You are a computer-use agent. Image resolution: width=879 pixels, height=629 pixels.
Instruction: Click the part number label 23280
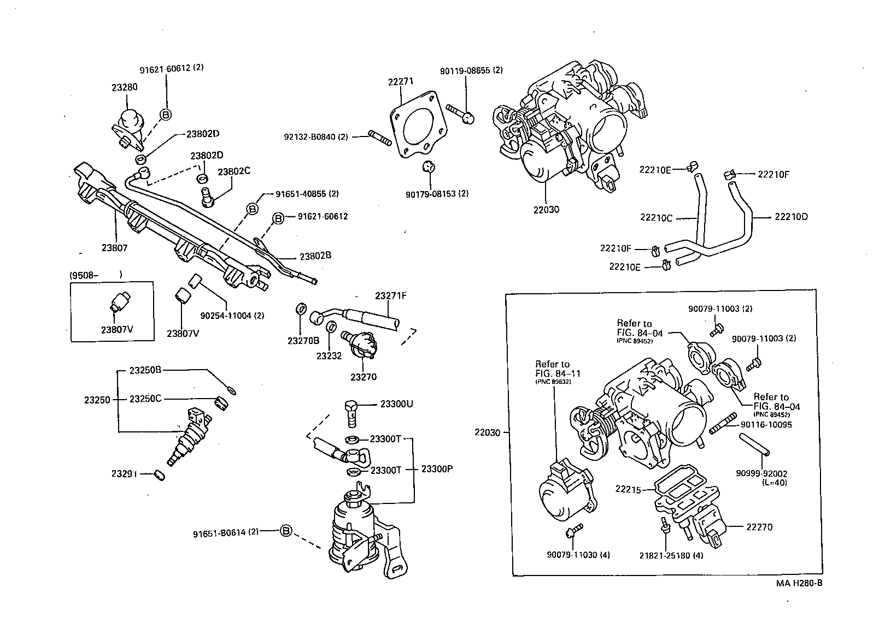(x=124, y=87)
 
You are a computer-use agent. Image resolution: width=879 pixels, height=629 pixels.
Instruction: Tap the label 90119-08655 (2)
(x=471, y=70)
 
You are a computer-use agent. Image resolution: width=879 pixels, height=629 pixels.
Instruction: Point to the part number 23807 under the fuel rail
(x=114, y=248)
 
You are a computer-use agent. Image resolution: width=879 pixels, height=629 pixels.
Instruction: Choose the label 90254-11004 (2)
(x=232, y=316)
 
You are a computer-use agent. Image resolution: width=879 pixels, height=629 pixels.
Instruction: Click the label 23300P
(x=437, y=469)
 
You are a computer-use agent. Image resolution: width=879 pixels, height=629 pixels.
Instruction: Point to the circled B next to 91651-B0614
(x=286, y=531)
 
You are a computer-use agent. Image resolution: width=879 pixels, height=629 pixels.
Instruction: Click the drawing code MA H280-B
(x=799, y=583)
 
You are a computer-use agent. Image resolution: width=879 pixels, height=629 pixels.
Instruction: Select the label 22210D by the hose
(x=791, y=217)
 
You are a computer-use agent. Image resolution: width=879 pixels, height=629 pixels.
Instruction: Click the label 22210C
(x=656, y=217)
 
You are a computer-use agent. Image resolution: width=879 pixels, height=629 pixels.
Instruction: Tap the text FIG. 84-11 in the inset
(x=558, y=373)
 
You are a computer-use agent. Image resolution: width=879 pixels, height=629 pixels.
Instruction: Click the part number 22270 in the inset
(x=759, y=527)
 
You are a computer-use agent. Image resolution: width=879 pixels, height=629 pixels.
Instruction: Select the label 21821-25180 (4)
(x=671, y=555)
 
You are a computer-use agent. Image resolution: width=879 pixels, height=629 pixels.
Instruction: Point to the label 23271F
(x=390, y=296)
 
